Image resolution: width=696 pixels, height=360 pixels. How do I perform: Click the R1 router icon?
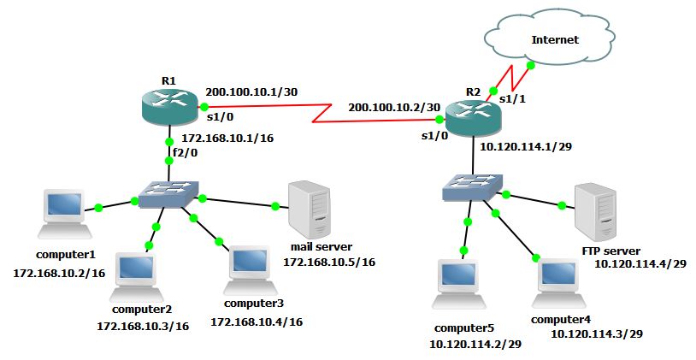168,106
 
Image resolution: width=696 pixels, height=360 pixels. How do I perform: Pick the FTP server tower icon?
595,210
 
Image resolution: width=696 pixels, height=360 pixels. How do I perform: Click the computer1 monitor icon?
65,215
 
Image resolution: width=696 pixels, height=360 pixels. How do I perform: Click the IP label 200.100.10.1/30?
251,91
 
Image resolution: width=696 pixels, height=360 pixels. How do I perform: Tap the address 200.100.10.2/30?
393,107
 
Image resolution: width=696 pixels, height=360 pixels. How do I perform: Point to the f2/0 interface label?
185,153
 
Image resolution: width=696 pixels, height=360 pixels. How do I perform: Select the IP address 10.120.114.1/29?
526,146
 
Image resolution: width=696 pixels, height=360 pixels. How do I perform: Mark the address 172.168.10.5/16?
329,261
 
